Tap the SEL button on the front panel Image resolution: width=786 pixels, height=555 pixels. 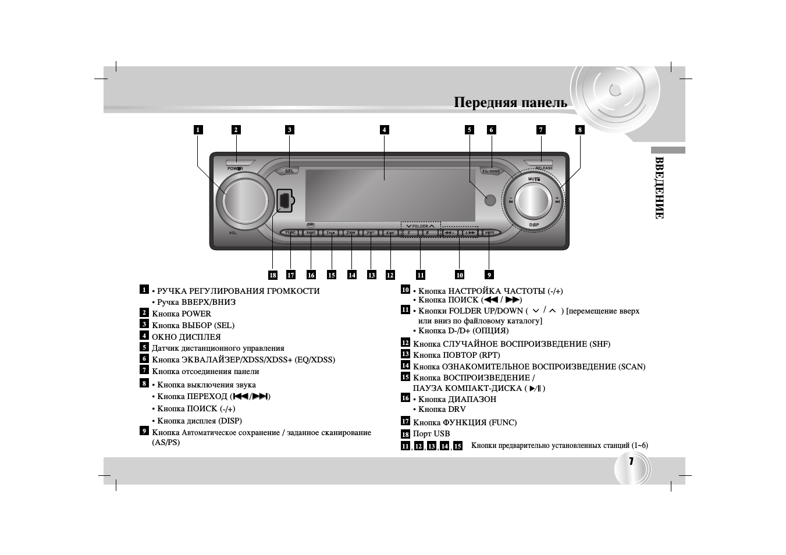coord(289,171)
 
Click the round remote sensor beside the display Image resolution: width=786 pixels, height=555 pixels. coord(490,200)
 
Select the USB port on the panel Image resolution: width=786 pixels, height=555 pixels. coord(284,200)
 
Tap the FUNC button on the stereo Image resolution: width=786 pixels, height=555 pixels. coord(290,233)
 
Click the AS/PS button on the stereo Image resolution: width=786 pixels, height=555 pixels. coord(489,233)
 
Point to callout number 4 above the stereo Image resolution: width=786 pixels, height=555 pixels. coord(384,130)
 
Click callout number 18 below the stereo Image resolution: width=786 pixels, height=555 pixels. coord(273,275)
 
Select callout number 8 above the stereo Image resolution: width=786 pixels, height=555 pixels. coord(579,130)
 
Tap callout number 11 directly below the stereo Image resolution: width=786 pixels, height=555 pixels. coord(421,275)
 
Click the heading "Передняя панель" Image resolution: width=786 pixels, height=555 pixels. coord(510,103)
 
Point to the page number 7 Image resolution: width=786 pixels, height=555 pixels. coord(631,461)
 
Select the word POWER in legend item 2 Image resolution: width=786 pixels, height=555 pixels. coord(197,314)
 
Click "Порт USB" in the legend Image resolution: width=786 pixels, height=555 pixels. coord(431,434)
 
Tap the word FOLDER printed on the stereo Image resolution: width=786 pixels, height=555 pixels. coord(420,226)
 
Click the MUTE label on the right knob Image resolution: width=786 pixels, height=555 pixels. coord(534,179)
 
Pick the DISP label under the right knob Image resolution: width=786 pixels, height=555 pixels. coord(534,225)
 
